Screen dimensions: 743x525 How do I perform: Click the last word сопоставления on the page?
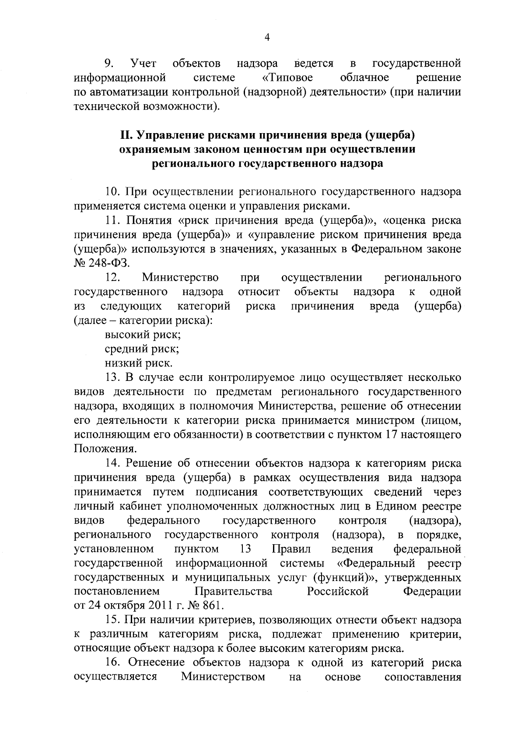(422, 677)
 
